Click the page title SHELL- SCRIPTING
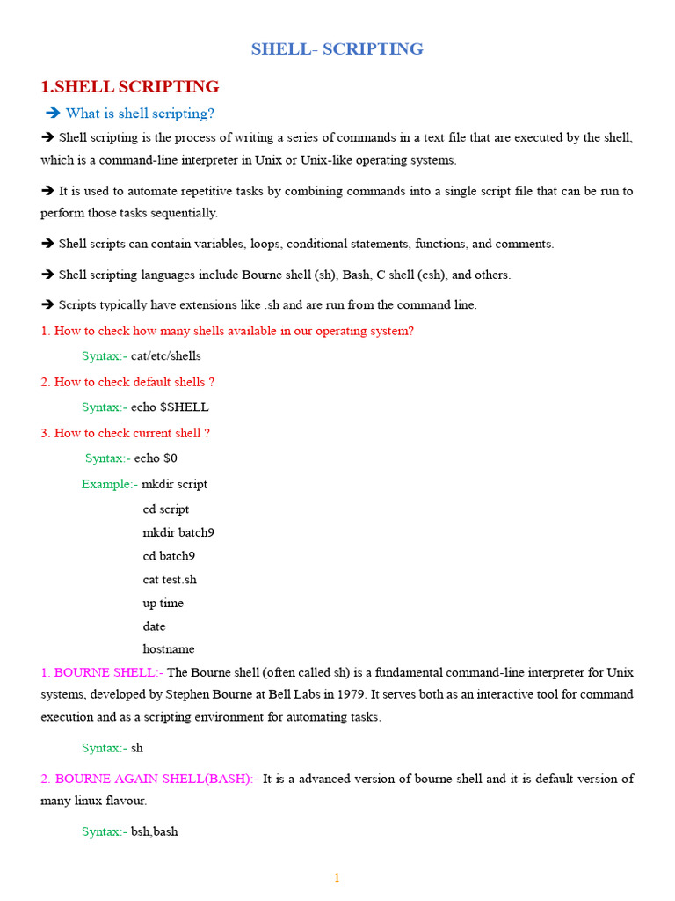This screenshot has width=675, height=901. coord(337,49)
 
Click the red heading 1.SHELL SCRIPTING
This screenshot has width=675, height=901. coord(130,86)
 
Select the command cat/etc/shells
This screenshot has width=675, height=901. coord(166,356)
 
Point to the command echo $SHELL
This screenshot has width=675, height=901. coord(170,407)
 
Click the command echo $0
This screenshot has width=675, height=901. coord(156,458)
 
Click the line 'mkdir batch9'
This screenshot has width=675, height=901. coord(178,532)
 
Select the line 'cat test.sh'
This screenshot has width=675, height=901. coord(170,580)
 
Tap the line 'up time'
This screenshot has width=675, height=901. coord(163,603)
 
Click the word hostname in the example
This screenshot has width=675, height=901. coord(169,649)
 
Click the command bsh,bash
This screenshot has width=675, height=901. coord(155,831)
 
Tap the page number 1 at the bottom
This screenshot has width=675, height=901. coord(337,877)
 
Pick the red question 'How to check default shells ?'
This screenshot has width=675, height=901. coord(134,382)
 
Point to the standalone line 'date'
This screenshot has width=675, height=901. coord(155,626)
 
